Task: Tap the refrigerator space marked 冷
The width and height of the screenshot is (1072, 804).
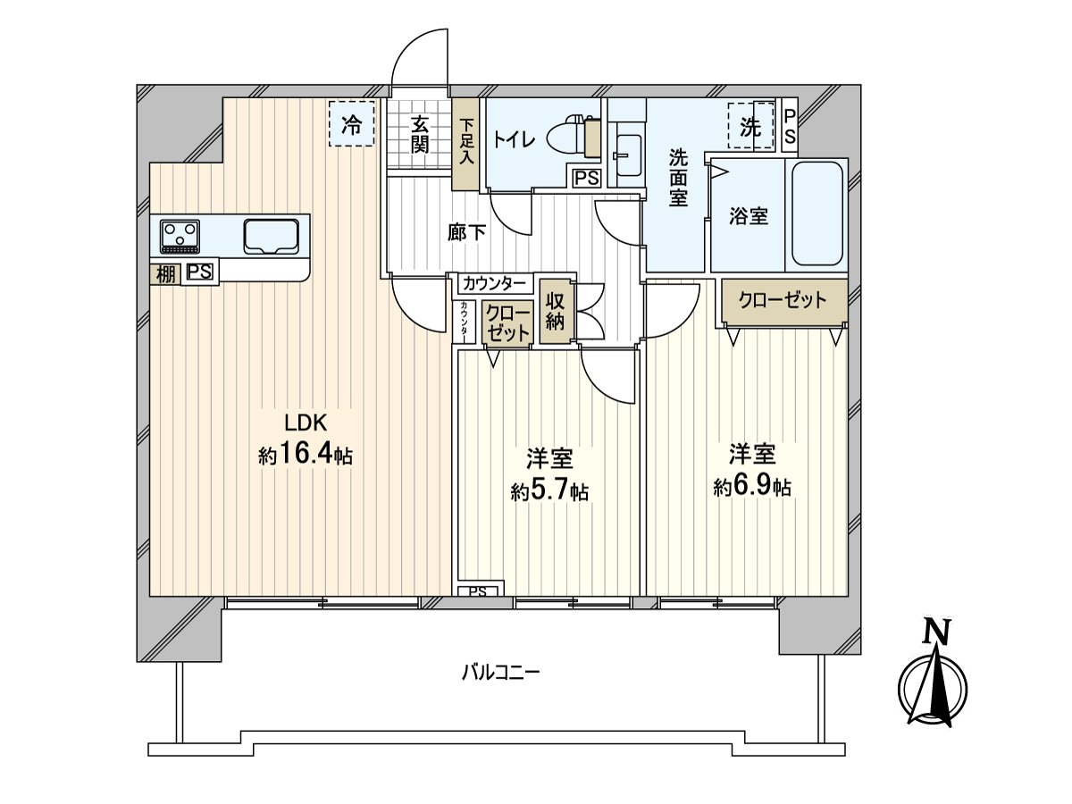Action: pos(352,123)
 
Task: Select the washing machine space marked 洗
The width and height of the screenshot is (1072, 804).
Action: pos(750,126)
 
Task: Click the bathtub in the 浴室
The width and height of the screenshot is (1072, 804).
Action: pos(817,214)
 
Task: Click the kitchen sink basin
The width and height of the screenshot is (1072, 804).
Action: pos(272,236)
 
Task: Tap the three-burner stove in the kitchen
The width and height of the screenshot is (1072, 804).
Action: pos(180,236)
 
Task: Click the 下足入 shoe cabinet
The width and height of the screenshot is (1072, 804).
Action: pos(465,145)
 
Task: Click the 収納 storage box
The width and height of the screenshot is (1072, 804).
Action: pos(556,311)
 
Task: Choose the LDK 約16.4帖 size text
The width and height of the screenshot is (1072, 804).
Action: pos(306,440)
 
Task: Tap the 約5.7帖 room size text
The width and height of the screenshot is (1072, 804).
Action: pos(549,491)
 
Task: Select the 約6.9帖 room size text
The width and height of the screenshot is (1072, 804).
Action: pos(752,487)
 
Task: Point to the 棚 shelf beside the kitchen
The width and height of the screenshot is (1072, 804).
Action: pos(165,274)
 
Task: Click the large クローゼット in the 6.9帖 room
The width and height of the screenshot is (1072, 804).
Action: pos(783,300)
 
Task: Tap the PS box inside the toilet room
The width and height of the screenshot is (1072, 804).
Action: pos(587,178)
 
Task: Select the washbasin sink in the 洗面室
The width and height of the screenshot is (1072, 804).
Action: pos(628,156)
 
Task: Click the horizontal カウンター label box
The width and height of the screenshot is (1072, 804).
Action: pos(495,283)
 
